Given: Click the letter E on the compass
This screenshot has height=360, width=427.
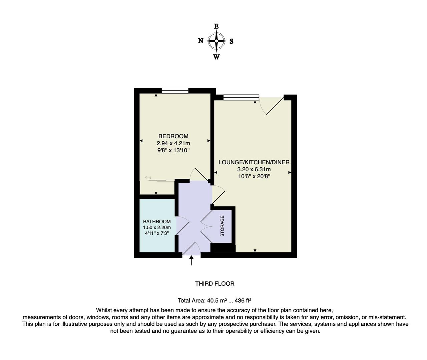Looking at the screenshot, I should point(216,26).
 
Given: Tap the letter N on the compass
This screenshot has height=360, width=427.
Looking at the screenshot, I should point(200,41).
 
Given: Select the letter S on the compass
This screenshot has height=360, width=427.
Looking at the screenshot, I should point(232,41).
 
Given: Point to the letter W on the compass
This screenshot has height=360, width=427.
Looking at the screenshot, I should point(216,57).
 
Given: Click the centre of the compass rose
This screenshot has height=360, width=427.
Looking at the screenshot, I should point(216,41).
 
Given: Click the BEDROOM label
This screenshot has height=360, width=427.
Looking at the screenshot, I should point(173,136).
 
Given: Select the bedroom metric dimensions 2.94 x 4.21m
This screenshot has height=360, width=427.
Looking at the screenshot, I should point(173,143).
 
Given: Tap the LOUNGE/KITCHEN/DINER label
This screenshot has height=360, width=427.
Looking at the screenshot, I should point(254,162).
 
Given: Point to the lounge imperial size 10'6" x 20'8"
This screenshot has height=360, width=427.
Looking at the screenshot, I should point(254,176).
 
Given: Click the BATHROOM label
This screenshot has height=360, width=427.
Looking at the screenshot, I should point(157,221).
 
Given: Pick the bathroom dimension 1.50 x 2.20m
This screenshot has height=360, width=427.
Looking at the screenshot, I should point(157,227).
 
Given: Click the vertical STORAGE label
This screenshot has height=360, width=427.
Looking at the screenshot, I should point(222,226).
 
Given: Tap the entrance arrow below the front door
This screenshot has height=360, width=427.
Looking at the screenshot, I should point(191,261).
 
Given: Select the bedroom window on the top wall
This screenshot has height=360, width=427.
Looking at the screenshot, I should point(175,90).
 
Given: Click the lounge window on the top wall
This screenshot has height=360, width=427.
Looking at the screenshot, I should point(241,97).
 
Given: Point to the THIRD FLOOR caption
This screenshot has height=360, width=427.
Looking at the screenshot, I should point(215,284).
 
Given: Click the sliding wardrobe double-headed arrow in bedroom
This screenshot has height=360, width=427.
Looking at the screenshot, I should point(148,178).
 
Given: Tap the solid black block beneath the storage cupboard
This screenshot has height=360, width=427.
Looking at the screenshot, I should point(223,248).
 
